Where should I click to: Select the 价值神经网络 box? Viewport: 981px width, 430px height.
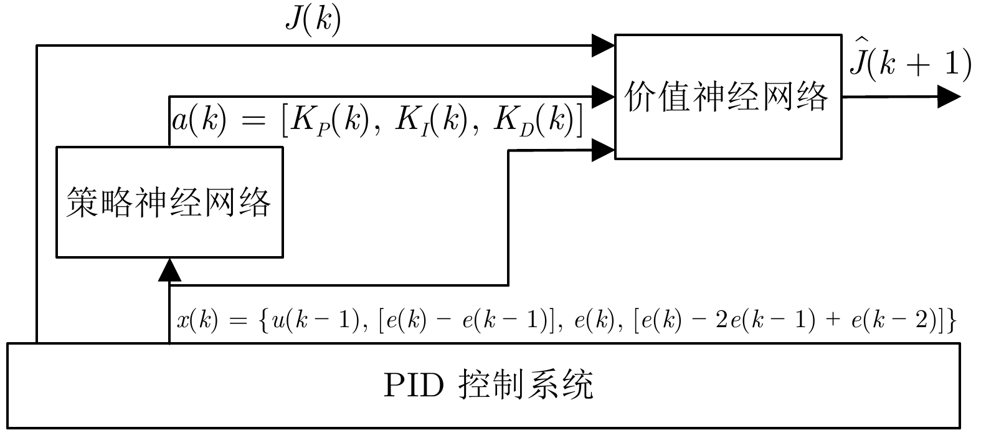[x=727, y=97]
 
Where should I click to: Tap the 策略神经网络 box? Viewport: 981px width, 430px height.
[x=169, y=202]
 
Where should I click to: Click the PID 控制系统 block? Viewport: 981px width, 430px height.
[x=483, y=385]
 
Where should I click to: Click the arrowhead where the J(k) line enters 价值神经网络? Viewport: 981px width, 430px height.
[x=602, y=45]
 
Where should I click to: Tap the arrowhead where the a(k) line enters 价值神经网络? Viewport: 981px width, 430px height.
[x=602, y=95]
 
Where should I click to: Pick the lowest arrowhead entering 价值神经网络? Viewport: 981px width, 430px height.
[x=602, y=150]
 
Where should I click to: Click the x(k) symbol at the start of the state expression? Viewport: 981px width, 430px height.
[x=197, y=322]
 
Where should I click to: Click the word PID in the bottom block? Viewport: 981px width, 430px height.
[x=413, y=386]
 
